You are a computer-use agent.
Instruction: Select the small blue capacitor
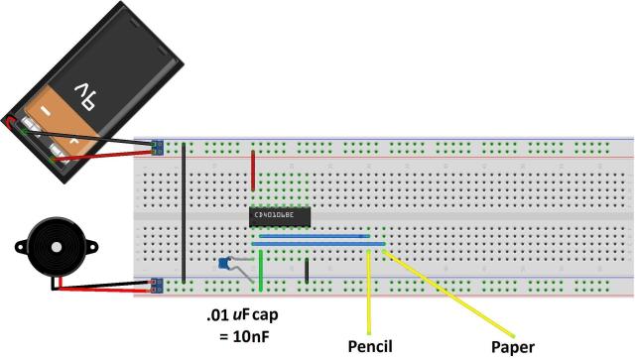(x=226, y=264)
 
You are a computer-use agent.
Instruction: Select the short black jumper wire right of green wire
(x=308, y=271)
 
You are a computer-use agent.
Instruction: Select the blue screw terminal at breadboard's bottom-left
(x=156, y=287)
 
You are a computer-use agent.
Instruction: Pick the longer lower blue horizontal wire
(x=317, y=244)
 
